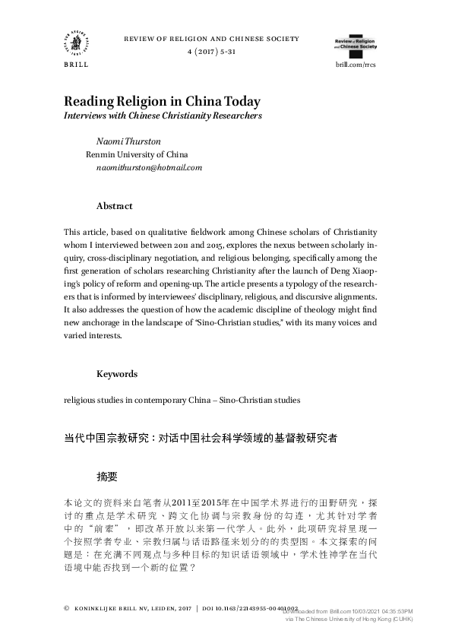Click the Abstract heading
pyautogui.click(x=114, y=206)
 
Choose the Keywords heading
pyautogui.click(x=117, y=374)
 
